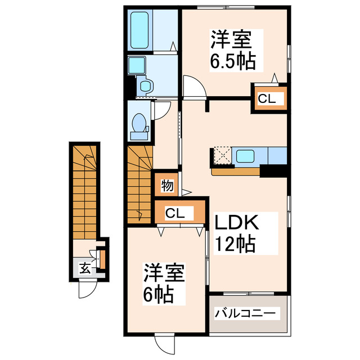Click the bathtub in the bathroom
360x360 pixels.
139,30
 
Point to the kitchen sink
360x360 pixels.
245,156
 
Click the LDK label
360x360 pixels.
235,224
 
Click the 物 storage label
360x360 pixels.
166,185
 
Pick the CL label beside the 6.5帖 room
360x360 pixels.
268,99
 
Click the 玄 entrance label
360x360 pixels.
84,268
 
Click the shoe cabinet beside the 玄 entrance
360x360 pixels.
102,259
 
